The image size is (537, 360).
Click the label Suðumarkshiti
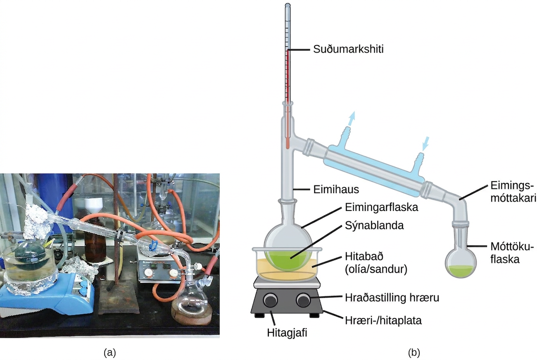point(348,49)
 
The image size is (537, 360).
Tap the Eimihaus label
point(336,189)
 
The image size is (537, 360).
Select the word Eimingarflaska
point(381,207)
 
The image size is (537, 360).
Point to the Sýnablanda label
point(374,225)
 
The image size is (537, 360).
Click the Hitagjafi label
point(287,333)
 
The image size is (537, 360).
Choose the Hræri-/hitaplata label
point(383,320)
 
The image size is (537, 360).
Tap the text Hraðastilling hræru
point(392,298)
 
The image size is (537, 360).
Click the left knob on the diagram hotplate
point(271,300)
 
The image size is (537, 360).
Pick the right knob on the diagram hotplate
point(303,300)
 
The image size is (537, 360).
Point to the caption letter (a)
point(110,353)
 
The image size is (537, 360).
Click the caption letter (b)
point(414,353)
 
